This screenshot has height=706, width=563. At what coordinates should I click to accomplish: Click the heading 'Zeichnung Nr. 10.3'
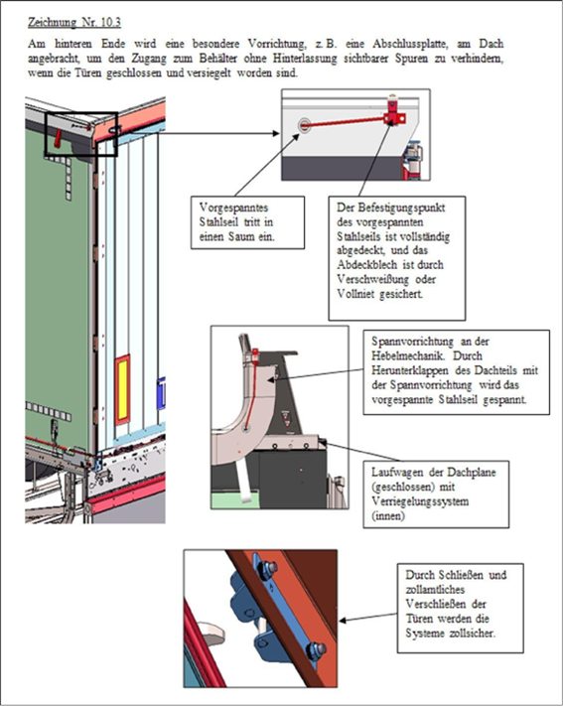(x=74, y=22)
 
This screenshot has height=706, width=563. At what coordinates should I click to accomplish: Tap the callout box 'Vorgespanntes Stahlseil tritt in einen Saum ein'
(x=247, y=222)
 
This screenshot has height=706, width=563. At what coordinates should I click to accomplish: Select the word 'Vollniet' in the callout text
(x=355, y=294)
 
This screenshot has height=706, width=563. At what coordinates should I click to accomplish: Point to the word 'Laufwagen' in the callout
(x=394, y=473)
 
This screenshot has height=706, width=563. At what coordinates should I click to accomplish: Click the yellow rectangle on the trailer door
(x=122, y=390)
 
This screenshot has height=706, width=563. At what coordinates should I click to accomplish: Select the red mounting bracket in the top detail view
(x=393, y=114)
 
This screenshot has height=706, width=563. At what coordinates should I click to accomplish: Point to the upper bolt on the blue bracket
(x=269, y=568)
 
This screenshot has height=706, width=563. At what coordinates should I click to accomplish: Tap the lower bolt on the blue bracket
(x=316, y=649)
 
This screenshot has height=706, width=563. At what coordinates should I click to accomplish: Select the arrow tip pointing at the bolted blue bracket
(x=340, y=621)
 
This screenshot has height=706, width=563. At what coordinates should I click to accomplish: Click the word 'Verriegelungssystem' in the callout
(x=420, y=501)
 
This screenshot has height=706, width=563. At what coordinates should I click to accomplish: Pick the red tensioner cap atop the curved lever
(x=255, y=353)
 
